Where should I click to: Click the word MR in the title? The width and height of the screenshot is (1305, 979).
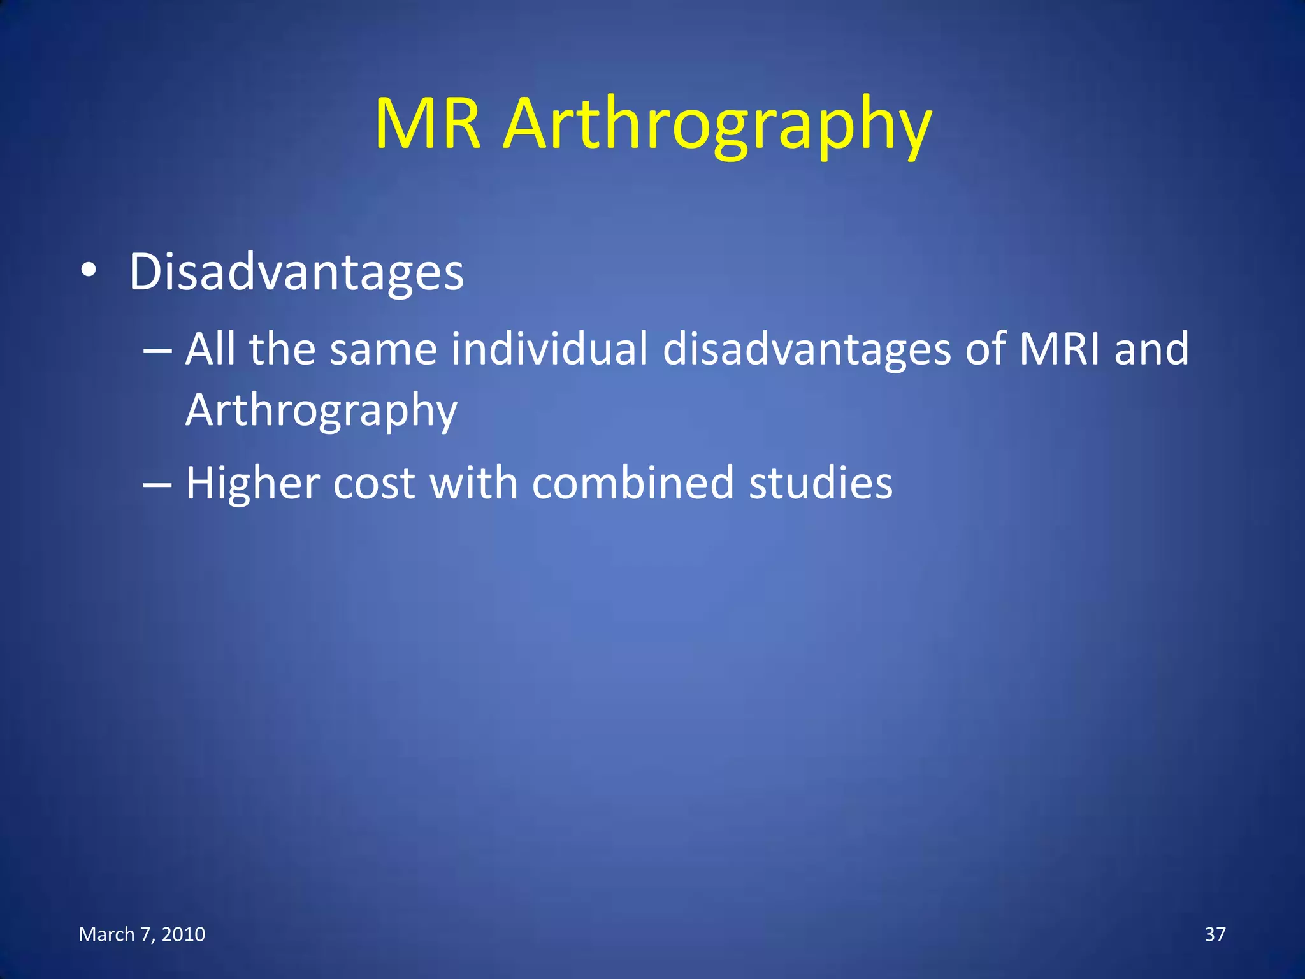pyautogui.click(x=427, y=124)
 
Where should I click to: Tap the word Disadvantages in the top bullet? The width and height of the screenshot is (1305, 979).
pyautogui.click(x=296, y=272)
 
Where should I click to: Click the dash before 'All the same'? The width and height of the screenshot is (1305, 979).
pyautogui.click(x=157, y=351)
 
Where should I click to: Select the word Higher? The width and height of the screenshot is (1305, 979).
pyautogui.click(x=252, y=483)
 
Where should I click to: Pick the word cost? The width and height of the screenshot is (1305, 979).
pyautogui.click(x=374, y=483)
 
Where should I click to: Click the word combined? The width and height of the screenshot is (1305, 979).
pyautogui.click(x=633, y=483)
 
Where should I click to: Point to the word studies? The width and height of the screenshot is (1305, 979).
pyautogui.click(x=821, y=483)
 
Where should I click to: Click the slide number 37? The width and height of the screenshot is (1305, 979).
pyautogui.click(x=1215, y=934)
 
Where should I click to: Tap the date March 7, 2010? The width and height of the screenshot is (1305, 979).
pyautogui.click(x=142, y=934)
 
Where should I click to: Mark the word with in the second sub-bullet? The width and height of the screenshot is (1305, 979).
pyautogui.click(x=473, y=483)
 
